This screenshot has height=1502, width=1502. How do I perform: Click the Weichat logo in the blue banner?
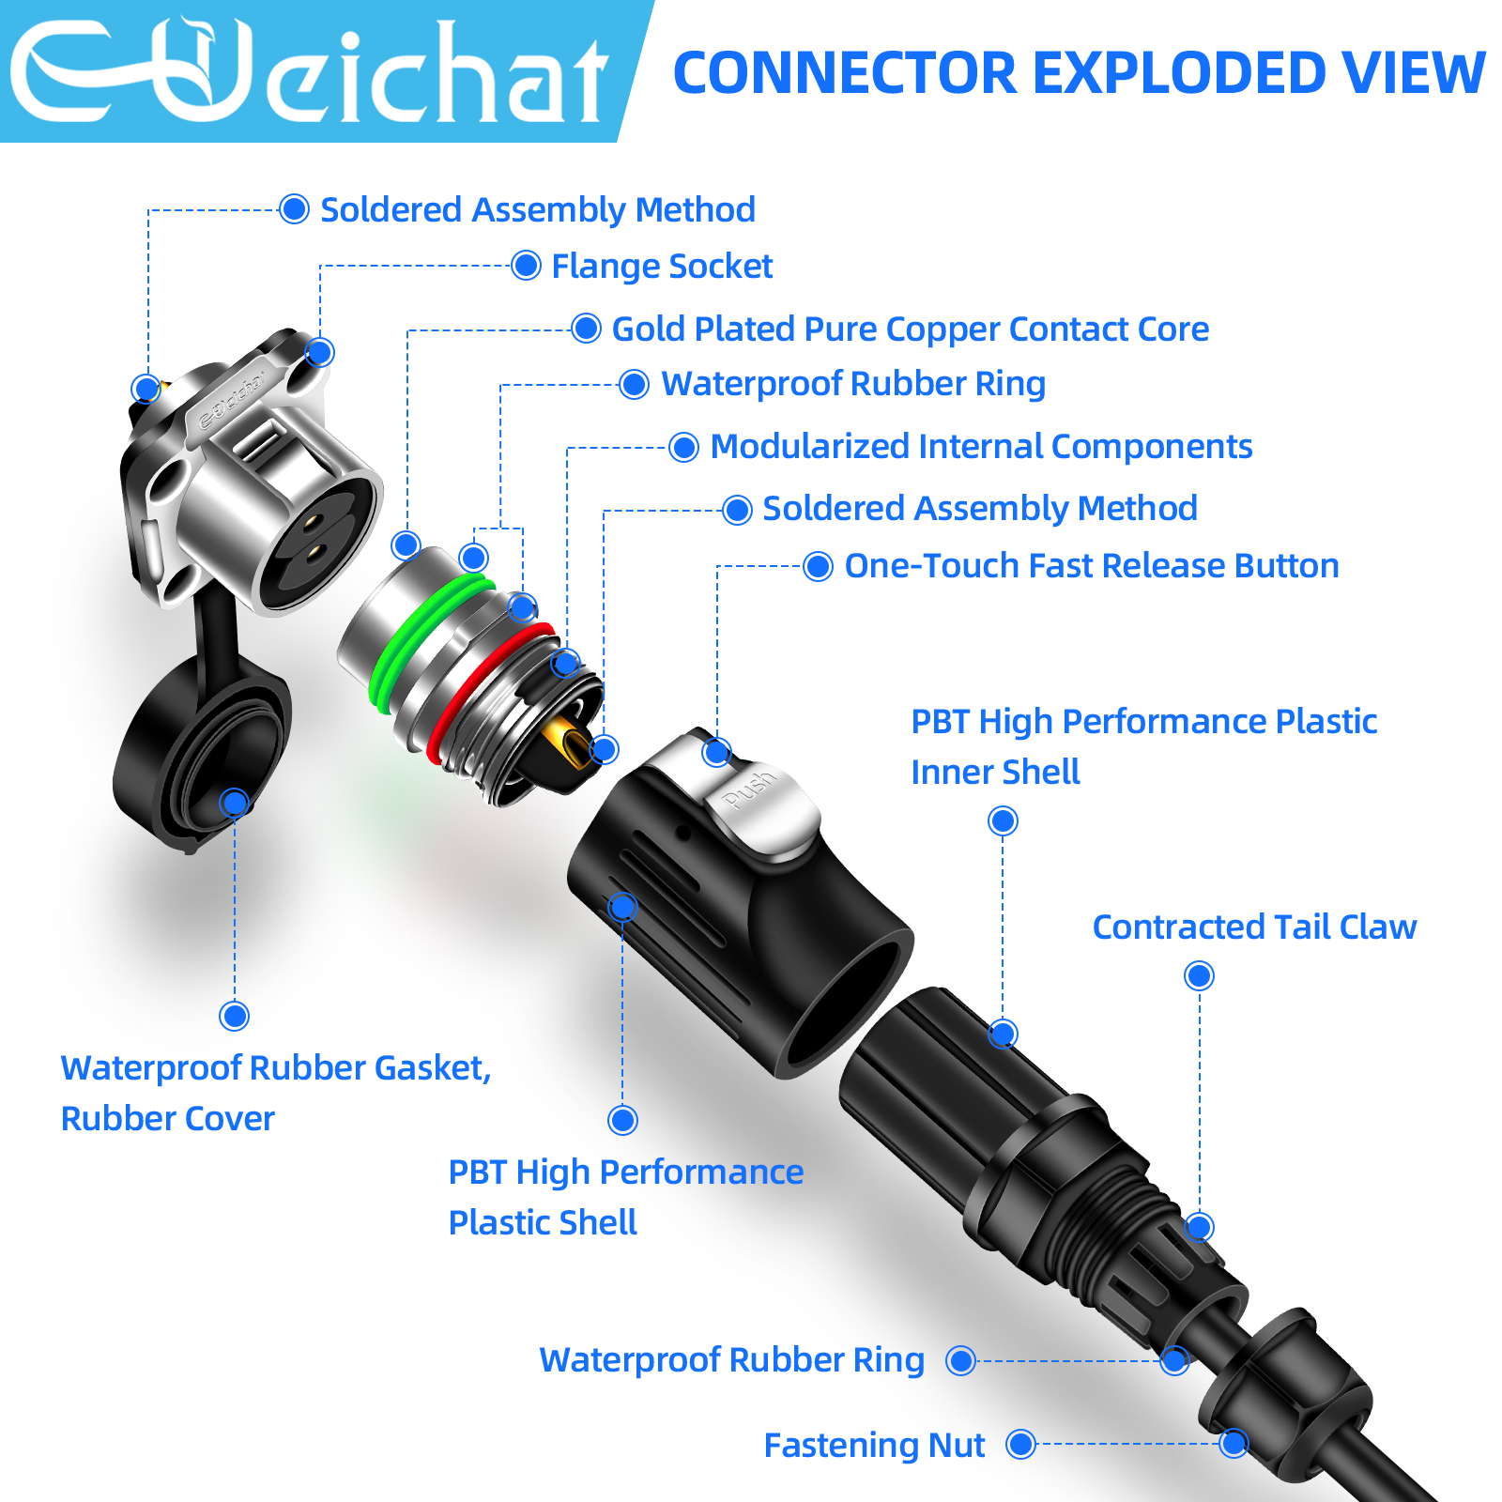[310, 71]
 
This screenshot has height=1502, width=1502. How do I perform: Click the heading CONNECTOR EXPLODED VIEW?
[1080, 73]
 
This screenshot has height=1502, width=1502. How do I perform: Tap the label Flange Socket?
[662, 267]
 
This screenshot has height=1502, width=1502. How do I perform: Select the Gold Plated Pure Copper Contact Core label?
[911, 330]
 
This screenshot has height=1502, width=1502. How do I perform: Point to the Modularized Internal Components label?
[981, 447]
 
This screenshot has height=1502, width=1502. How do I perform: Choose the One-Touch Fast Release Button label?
[1092, 566]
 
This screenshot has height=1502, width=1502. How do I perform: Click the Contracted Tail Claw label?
[1254, 927]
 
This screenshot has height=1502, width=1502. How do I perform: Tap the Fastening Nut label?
[874, 1446]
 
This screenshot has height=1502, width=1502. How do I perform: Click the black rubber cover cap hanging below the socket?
[202, 751]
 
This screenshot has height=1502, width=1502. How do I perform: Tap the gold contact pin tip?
[575, 745]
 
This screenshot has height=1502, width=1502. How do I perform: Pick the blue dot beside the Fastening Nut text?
[1020, 1445]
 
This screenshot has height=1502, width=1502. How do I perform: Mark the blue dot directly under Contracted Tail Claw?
[1199, 976]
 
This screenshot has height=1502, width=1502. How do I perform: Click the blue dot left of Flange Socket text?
[526, 266]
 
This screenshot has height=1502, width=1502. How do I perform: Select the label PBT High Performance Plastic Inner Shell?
[1143, 747]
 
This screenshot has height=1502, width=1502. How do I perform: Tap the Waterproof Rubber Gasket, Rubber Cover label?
[276, 1094]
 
